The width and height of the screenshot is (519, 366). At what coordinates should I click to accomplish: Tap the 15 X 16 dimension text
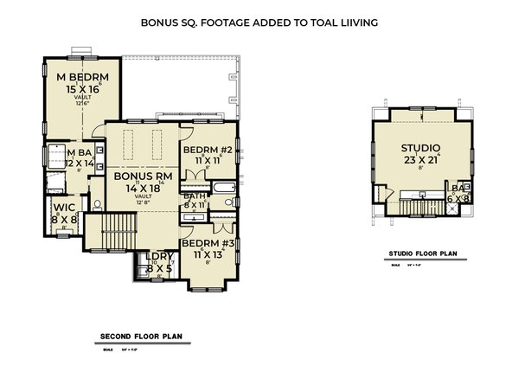[81, 89]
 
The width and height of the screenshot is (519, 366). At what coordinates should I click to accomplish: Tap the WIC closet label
[64, 208]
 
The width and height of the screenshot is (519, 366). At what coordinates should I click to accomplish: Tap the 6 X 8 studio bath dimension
[458, 198]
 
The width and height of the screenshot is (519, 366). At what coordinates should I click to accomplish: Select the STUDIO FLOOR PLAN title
[423, 255]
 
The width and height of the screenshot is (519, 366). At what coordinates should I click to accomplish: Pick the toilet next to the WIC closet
[97, 204]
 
